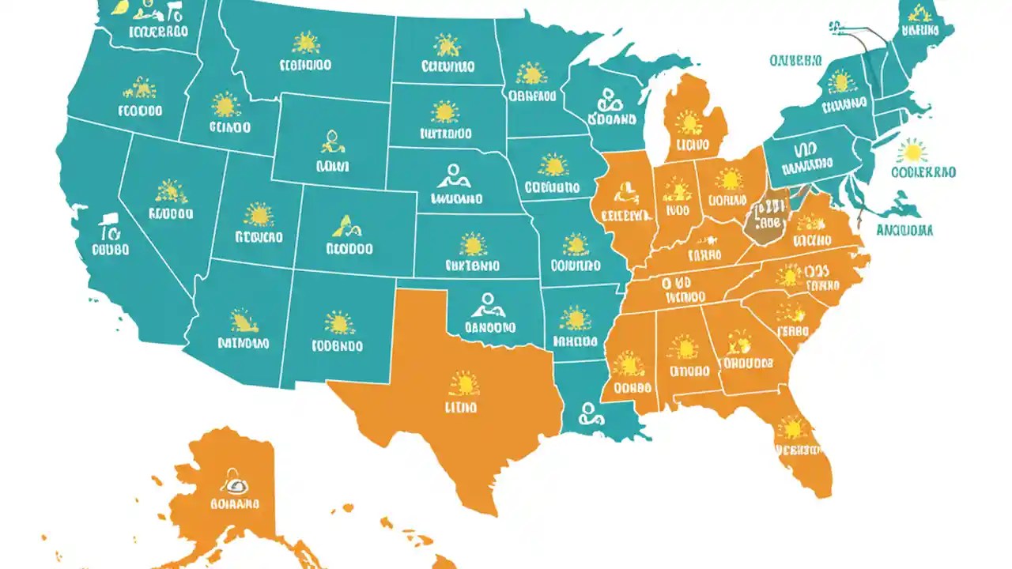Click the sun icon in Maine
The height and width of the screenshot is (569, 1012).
(x=917, y=13)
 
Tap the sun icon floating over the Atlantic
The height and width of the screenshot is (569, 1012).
(x=913, y=150)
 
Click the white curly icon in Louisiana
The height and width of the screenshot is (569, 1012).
(x=589, y=413)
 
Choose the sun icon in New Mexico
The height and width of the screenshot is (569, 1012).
(x=340, y=322)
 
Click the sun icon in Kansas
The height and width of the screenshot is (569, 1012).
(x=473, y=244)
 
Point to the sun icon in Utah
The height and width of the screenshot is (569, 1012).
(x=258, y=214)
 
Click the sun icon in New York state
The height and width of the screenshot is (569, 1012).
(x=840, y=81)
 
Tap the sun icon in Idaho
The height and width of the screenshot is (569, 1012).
(x=226, y=105)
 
